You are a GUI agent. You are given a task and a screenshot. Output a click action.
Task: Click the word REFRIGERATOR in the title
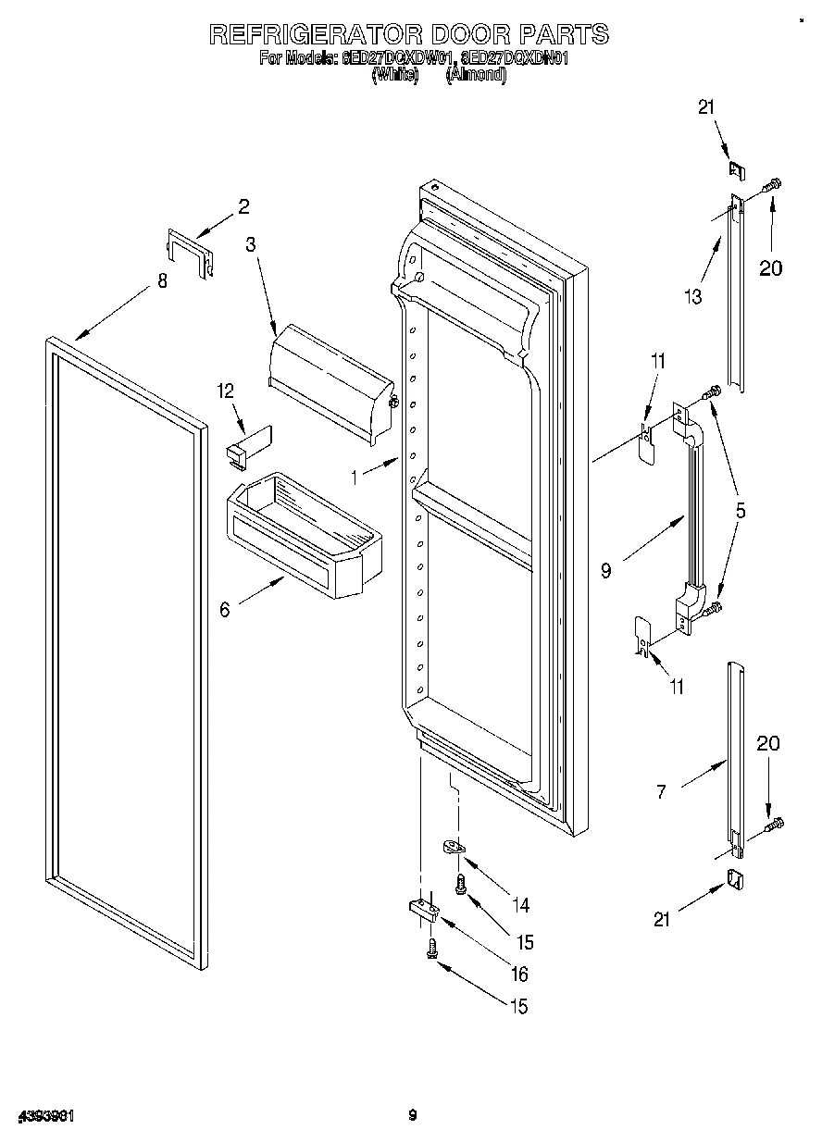[x=312, y=34]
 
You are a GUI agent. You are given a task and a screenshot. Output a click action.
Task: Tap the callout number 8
[x=163, y=281]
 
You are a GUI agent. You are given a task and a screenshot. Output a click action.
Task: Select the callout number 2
[x=243, y=207]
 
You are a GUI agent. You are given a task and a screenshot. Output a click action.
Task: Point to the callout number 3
[x=250, y=244]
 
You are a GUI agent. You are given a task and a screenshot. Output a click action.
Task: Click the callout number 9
[x=605, y=571]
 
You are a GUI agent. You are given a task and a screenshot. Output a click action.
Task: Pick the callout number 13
[x=692, y=296]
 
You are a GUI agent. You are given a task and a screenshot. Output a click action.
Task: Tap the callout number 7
[x=660, y=792]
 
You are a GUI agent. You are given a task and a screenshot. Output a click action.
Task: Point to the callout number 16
[x=518, y=974]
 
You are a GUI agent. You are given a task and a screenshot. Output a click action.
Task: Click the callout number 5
[x=741, y=509]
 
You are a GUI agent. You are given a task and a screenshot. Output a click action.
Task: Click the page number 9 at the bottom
[x=413, y=1115]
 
